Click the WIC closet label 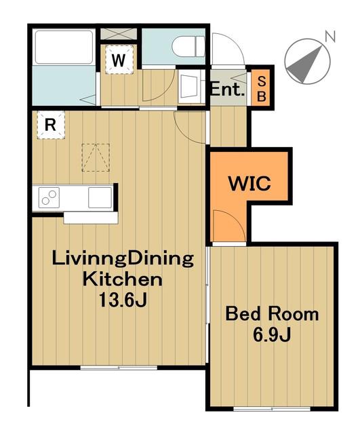249,182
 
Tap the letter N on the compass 330,37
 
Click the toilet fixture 188,47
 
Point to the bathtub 64,47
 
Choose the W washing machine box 119,60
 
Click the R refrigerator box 51,125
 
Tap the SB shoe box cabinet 262,89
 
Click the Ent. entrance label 228,90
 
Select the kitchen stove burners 49,197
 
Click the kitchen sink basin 100,197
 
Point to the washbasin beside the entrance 191,86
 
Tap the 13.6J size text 123,300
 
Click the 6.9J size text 271,335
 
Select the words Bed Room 272,315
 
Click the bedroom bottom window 272,408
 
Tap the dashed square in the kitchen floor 96,157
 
